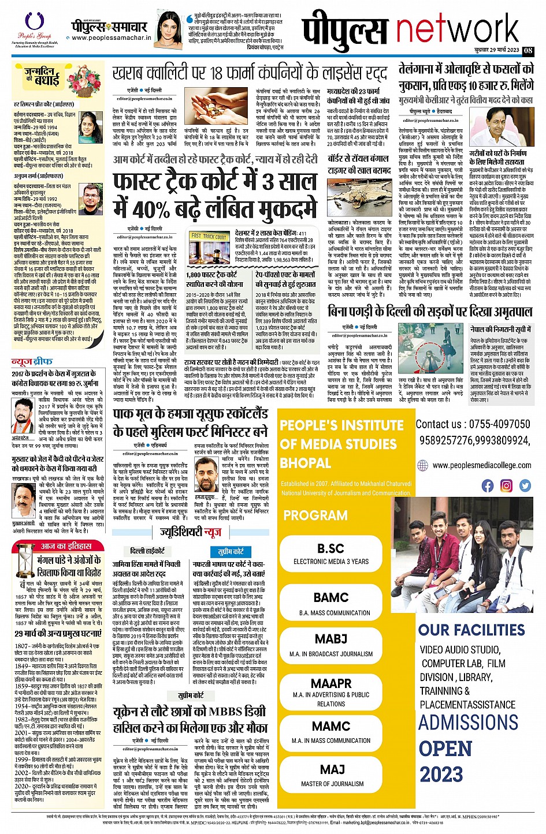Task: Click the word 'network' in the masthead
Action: tap(456, 31)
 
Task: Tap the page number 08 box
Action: tap(528, 50)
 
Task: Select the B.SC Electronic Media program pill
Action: tap(331, 553)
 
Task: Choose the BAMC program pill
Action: tap(331, 603)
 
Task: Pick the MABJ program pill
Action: tap(331, 645)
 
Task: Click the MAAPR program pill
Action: tap(331, 690)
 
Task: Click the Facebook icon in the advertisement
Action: tap(488, 485)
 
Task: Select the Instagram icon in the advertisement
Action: tap(506, 485)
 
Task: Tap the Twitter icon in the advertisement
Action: tap(525, 485)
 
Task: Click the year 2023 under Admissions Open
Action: tap(441, 774)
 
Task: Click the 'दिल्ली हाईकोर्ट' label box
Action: tap(147, 551)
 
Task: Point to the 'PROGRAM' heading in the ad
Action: tap(315, 515)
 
